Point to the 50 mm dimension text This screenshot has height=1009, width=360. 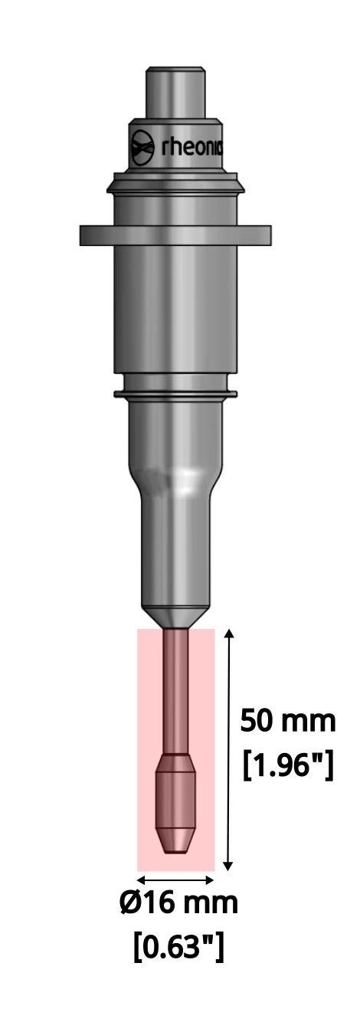[x=287, y=721]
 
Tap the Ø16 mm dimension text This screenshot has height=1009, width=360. [x=178, y=903]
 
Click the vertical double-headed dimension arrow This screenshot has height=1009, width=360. [x=227, y=751]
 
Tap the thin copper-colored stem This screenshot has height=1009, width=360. [x=175, y=690]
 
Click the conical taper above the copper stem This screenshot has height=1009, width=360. [x=175, y=617]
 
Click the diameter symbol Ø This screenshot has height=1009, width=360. [x=130, y=903]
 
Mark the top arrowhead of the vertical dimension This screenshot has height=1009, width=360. [x=227, y=633]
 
